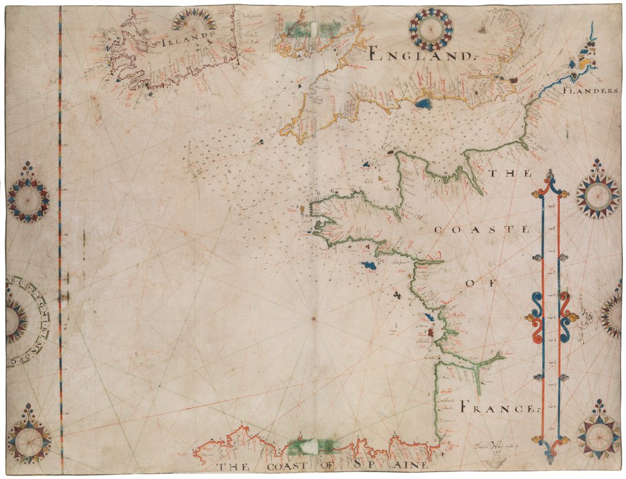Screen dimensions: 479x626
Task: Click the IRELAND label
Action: coord(183,42)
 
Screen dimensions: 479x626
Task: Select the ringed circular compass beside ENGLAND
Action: coord(431,29)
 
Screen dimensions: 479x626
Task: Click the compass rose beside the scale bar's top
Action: coord(597,191)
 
